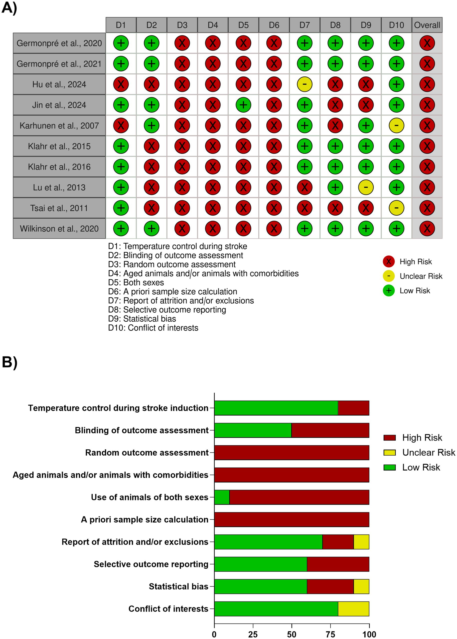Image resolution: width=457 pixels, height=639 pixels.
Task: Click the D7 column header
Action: pos(305,25)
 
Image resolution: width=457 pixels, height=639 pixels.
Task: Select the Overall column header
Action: pos(427,25)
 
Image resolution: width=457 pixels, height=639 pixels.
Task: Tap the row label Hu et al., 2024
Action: pos(59,84)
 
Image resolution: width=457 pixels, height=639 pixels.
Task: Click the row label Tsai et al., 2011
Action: pos(59,208)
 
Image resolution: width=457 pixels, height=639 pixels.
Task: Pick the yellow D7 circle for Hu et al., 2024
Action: pos(305,84)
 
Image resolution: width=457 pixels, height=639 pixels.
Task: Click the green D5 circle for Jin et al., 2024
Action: pos(243,105)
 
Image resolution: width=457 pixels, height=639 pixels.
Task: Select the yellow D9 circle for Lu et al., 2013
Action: pos(366,187)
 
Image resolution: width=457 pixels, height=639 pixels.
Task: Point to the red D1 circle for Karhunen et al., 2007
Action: pos(121,125)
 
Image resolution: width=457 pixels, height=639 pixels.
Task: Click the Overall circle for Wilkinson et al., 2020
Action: pos(427,228)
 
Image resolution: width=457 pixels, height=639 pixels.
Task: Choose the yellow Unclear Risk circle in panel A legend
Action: pos(389,276)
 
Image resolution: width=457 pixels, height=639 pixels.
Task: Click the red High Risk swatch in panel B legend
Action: pos(389,438)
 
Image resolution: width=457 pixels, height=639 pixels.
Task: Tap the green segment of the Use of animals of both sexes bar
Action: pos(222,497)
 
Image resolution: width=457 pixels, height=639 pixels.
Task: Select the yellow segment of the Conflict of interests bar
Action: pos(353,609)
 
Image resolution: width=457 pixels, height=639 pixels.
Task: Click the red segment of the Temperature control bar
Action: pos(353,408)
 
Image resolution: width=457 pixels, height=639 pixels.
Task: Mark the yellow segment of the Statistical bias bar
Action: pos(361,586)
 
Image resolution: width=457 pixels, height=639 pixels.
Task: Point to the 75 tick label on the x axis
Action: pos(330,634)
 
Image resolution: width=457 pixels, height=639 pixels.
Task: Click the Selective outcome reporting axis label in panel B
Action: pos(151,564)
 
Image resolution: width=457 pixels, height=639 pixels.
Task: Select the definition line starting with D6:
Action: pos(172,291)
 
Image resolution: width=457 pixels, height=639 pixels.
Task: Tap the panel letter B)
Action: pos(9,362)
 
